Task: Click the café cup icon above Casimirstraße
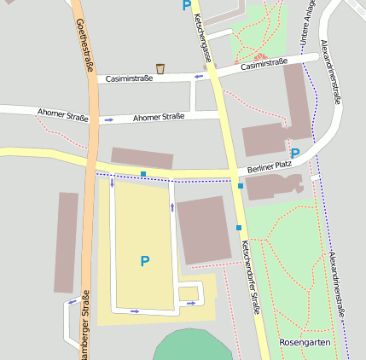point(160,68)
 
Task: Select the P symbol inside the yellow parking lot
point(144,261)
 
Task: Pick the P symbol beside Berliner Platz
point(295,154)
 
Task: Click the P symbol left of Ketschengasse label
point(186,6)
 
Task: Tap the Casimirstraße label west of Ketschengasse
point(129,78)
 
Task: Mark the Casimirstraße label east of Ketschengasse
point(264,64)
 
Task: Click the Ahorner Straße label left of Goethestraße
point(62,113)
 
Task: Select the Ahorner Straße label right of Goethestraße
point(159,117)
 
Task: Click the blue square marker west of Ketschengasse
point(143,174)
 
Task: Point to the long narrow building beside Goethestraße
point(66,242)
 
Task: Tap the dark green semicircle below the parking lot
point(193,345)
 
